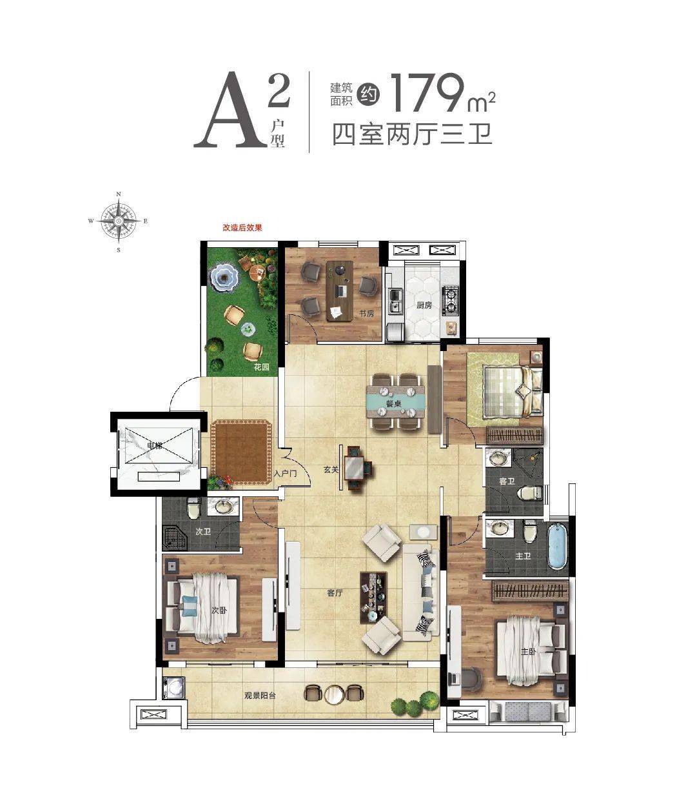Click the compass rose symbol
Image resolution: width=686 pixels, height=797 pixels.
click(x=119, y=221)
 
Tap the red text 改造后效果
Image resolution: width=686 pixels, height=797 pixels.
click(x=242, y=228)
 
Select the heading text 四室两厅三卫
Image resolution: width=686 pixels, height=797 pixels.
click(x=412, y=134)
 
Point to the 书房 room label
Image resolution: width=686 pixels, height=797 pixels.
click(x=366, y=314)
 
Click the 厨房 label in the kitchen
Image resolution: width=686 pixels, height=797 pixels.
click(x=424, y=305)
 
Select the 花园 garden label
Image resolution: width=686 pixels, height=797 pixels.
click(x=261, y=367)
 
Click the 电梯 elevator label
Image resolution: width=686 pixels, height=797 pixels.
click(x=155, y=446)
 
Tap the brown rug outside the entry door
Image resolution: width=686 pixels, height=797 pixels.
click(x=241, y=452)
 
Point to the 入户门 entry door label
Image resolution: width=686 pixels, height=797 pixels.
click(x=286, y=473)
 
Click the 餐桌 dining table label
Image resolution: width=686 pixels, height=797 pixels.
click(x=394, y=405)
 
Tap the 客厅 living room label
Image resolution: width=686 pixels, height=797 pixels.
click(x=335, y=592)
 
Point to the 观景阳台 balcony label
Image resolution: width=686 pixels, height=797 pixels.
click(x=260, y=696)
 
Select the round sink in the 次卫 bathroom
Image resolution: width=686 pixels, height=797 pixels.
click(x=222, y=507)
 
